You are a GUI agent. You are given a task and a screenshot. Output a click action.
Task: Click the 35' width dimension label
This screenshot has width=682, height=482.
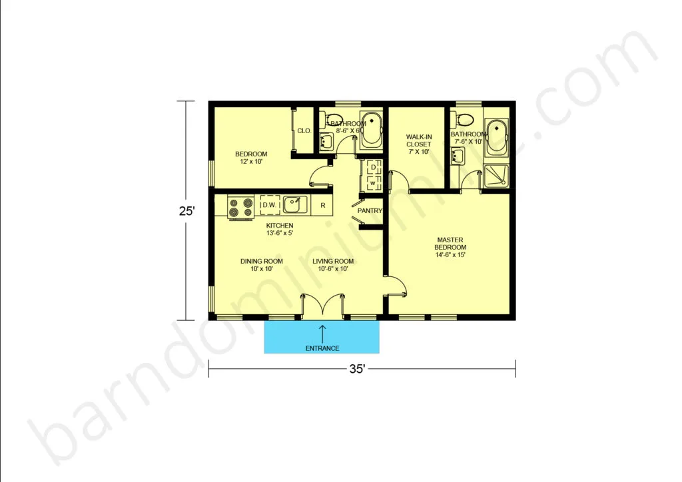[x=357, y=369]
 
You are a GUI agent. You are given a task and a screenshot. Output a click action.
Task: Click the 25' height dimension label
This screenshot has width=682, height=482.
[x=187, y=211]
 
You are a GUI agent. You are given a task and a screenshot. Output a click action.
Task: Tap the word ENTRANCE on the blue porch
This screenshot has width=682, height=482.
[x=322, y=348]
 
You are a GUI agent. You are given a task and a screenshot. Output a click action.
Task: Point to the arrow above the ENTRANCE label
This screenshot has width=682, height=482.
[x=322, y=334]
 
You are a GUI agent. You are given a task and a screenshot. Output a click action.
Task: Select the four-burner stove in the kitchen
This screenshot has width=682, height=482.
[x=240, y=207]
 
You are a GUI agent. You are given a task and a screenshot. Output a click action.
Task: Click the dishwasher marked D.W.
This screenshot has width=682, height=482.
[x=270, y=204]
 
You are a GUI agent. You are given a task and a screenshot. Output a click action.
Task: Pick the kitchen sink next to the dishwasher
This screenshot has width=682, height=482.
[x=296, y=204]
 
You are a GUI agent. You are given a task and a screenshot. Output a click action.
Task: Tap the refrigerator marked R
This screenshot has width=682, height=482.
[x=322, y=205]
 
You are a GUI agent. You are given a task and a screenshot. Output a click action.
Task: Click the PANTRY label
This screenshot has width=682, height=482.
[x=370, y=211]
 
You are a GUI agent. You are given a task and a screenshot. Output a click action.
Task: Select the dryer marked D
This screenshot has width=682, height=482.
[x=374, y=167]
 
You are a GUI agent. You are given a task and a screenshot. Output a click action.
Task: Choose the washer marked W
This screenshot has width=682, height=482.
[x=373, y=183]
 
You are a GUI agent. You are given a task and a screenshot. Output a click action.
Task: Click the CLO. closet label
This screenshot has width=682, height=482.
[x=304, y=130]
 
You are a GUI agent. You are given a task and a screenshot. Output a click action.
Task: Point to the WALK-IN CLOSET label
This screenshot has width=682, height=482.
[x=419, y=140]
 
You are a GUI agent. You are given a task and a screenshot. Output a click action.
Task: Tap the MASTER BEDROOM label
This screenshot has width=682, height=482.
[x=450, y=244]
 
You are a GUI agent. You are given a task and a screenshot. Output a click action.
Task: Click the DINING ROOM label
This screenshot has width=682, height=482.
[x=261, y=261]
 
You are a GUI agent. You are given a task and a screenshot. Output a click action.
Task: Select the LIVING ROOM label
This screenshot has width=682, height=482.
[x=333, y=261]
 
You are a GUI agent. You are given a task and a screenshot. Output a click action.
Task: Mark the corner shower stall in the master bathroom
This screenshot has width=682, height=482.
[x=496, y=176]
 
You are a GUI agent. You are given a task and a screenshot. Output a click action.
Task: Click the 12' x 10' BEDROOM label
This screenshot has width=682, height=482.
[x=251, y=157]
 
